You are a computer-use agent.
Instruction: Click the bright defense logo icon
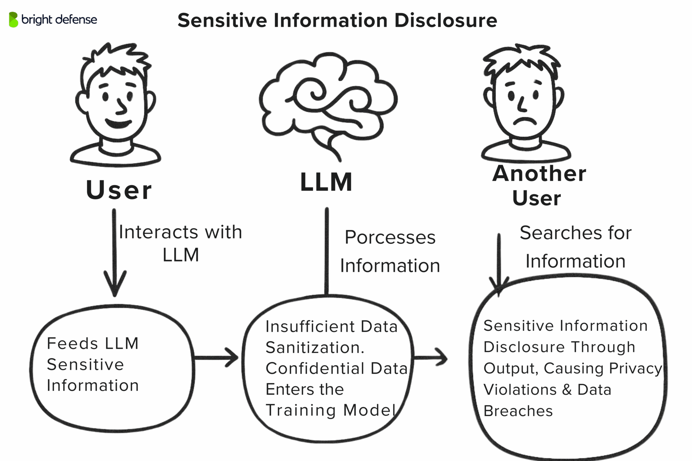[x=14, y=20]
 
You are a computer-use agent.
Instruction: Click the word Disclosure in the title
[x=445, y=20]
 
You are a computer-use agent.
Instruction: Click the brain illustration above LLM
[x=328, y=101]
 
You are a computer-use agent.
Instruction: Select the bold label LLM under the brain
[x=326, y=182]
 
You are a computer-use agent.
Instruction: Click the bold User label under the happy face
[x=119, y=190]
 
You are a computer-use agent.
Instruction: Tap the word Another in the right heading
[x=539, y=174]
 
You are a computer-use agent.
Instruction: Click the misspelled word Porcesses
[x=390, y=237]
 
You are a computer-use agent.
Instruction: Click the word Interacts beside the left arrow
[x=159, y=232]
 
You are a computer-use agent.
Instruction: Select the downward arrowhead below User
[x=115, y=285]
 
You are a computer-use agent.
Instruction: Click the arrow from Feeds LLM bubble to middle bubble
[x=216, y=358]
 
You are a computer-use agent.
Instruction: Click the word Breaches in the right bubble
[x=518, y=411]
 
